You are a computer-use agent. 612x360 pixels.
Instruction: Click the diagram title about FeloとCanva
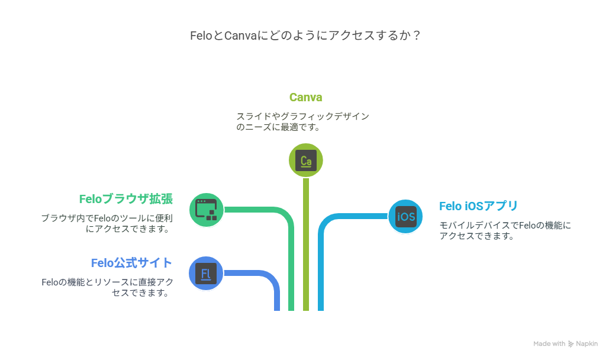tap(305, 36)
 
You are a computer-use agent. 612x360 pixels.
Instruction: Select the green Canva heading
tap(305, 97)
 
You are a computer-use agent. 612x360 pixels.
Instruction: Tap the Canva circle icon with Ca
tap(306, 160)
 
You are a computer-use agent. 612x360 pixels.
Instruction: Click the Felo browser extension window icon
tap(207, 210)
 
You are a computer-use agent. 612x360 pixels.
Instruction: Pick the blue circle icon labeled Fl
tap(206, 274)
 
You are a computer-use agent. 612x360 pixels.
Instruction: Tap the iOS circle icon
tap(405, 217)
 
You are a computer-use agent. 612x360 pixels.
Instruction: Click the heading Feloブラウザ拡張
tap(125, 199)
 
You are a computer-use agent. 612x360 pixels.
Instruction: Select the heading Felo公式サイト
tap(131, 263)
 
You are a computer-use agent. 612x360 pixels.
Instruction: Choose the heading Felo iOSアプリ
tap(478, 206)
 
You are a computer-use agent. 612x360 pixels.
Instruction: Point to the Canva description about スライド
tap(302, 121)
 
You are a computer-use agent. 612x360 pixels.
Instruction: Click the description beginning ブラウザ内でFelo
tap(107, 223)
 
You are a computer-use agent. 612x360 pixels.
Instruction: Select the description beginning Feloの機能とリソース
tap(107, 287)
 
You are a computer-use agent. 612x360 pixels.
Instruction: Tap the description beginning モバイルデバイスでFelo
tap(505, 230)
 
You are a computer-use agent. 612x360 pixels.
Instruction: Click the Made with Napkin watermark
tap(566, 343)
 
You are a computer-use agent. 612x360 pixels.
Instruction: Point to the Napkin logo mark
tap(571, 344)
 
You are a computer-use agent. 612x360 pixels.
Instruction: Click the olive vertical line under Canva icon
tap(306, 245)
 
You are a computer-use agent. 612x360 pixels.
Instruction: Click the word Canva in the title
tap(240, 36)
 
